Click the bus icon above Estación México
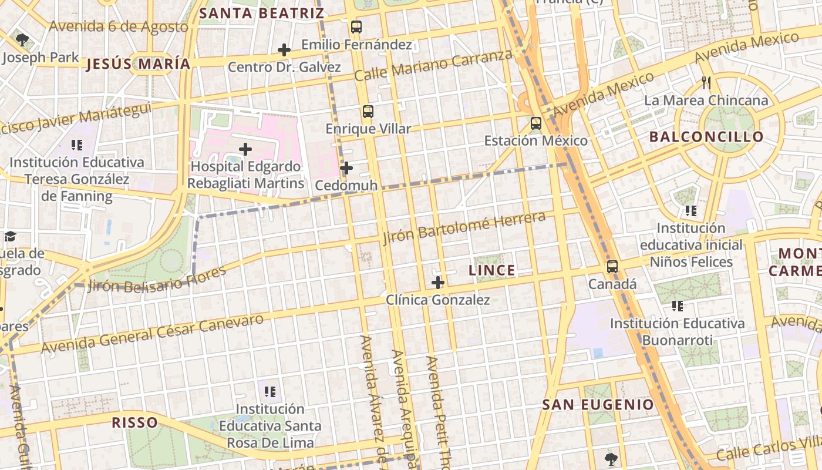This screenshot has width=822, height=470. [535, 123]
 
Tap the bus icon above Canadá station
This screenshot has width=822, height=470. [612, 267]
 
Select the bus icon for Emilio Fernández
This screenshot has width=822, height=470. [356, 26]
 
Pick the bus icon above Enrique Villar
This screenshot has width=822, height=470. [368, 111]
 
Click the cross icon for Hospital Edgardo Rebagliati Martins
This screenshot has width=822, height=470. [245, 149]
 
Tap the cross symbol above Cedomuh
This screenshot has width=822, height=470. [346, 169]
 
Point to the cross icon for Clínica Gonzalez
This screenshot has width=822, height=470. [437, 283]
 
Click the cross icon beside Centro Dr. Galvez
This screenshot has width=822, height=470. [284, 50]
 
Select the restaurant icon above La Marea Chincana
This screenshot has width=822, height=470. [706, 83]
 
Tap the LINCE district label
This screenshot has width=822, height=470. [492, 270]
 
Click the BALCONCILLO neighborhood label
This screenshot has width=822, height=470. [706, 137]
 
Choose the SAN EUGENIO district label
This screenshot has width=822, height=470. [598, 404]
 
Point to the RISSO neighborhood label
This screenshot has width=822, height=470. [135, 422]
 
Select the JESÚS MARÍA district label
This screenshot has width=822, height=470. [139, 64]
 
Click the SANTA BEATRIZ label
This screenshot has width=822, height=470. [261, 12]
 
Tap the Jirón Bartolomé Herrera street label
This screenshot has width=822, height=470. [464, 228]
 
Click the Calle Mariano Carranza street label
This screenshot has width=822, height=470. [433, 65]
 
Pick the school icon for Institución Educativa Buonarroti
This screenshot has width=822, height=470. [678, 306]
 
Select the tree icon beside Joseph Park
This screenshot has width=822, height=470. [22, 40]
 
